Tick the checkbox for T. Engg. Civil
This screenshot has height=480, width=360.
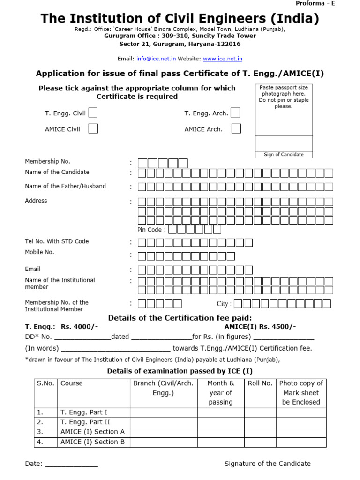click(93, 112)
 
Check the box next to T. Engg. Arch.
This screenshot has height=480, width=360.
click(235, 112)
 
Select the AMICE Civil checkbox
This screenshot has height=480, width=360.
click(93, 128)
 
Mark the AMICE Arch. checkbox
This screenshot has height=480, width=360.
click(236, 128)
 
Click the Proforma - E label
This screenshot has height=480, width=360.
click(315, 3)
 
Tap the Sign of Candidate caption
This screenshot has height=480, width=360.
click(284, 155)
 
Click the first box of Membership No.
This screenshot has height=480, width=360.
click(142, 163)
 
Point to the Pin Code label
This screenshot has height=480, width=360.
click(151, 230)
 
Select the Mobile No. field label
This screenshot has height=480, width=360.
click(39, 252)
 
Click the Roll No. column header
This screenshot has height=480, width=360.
click(260, 383)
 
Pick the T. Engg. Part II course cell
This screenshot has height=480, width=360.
click(84, 422)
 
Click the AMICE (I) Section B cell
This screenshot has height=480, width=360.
click(93, 442)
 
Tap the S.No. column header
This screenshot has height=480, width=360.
click(46, 383)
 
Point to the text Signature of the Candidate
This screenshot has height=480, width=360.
click(267, 464)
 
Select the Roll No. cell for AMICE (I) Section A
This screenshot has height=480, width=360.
click(260, 432)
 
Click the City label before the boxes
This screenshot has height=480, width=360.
click(224, 304)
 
